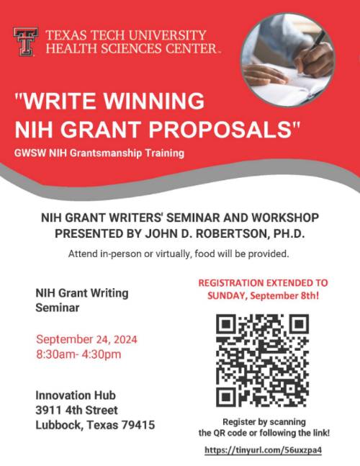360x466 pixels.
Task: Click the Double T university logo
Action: coord(25,42)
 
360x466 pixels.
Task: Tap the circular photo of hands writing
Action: coord(287,60)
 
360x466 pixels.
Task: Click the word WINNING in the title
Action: coord(154,101)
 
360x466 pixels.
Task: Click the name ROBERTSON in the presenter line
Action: coord(231,233)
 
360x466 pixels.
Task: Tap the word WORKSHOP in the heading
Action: coord(285,218)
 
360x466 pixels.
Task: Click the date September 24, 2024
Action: coord(86,339)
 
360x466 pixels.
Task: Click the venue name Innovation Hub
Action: coord(76,395)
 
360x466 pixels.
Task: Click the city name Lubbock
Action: coord(59,425)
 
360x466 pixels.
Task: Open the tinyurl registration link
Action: coord(264,450)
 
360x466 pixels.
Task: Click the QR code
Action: coord(262,361)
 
